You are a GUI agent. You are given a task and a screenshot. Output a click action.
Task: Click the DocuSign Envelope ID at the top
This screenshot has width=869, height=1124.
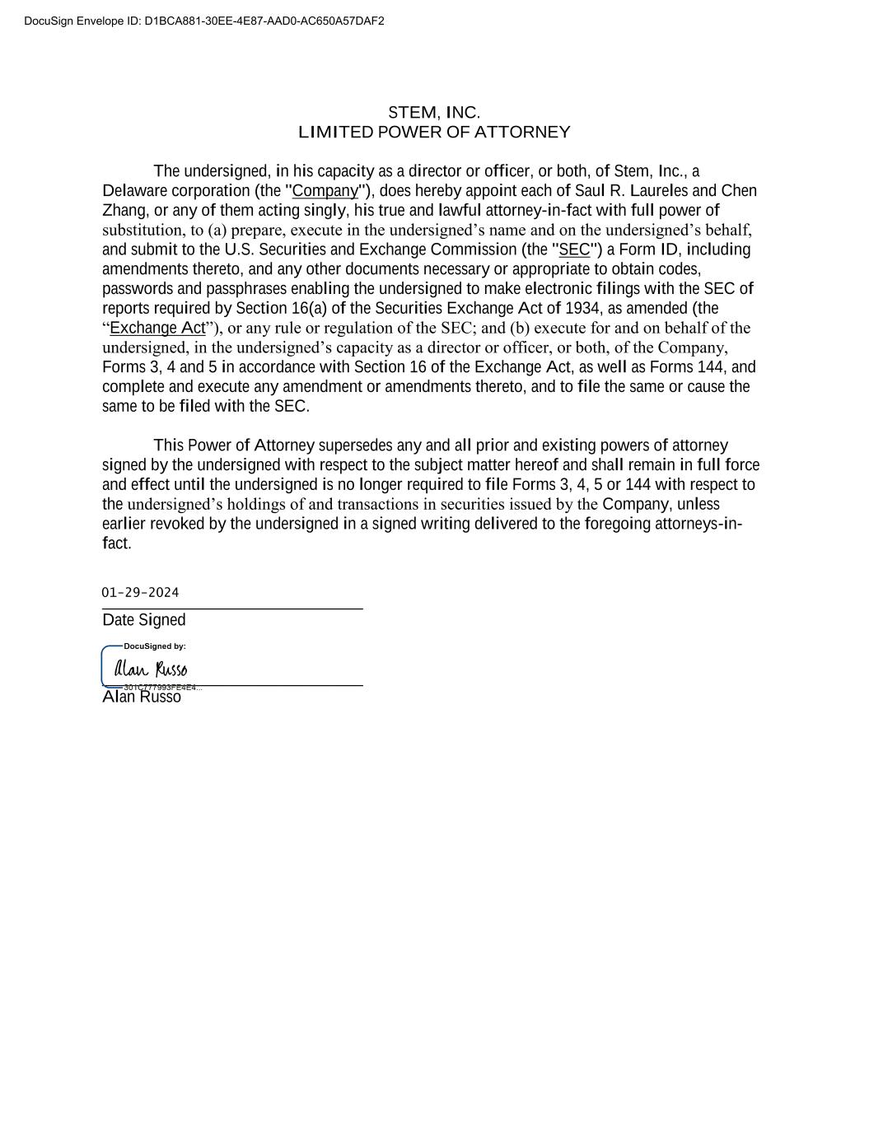point(203,21)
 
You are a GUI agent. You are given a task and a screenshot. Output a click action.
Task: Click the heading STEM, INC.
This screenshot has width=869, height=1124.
point(434,113)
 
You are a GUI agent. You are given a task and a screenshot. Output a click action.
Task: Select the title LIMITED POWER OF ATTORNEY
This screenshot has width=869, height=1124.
point(434,133)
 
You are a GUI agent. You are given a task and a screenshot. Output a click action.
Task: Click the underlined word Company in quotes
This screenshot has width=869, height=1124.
point(325,191)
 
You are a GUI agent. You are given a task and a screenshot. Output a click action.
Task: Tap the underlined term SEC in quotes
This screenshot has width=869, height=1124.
point(574,250)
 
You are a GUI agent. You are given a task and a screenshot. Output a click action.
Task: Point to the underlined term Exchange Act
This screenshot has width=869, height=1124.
point(157,328)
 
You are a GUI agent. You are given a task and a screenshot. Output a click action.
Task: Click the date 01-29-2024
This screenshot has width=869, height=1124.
point(140,593)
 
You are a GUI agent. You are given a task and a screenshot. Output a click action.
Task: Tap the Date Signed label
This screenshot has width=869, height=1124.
point(144,620)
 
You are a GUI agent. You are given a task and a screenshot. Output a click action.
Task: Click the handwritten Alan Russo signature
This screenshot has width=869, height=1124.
point(151,669)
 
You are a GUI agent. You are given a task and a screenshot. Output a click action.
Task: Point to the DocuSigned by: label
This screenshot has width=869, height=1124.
point(155,646)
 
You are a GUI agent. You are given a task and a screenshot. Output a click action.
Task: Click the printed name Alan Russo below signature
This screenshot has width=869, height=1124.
point(142,697)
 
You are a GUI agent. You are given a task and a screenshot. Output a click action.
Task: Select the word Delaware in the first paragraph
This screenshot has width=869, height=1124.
point(135,191)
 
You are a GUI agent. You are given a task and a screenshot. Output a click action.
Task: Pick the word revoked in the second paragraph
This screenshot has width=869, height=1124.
point(177,524)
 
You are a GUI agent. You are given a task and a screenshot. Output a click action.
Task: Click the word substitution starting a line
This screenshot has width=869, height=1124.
point(141,230)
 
